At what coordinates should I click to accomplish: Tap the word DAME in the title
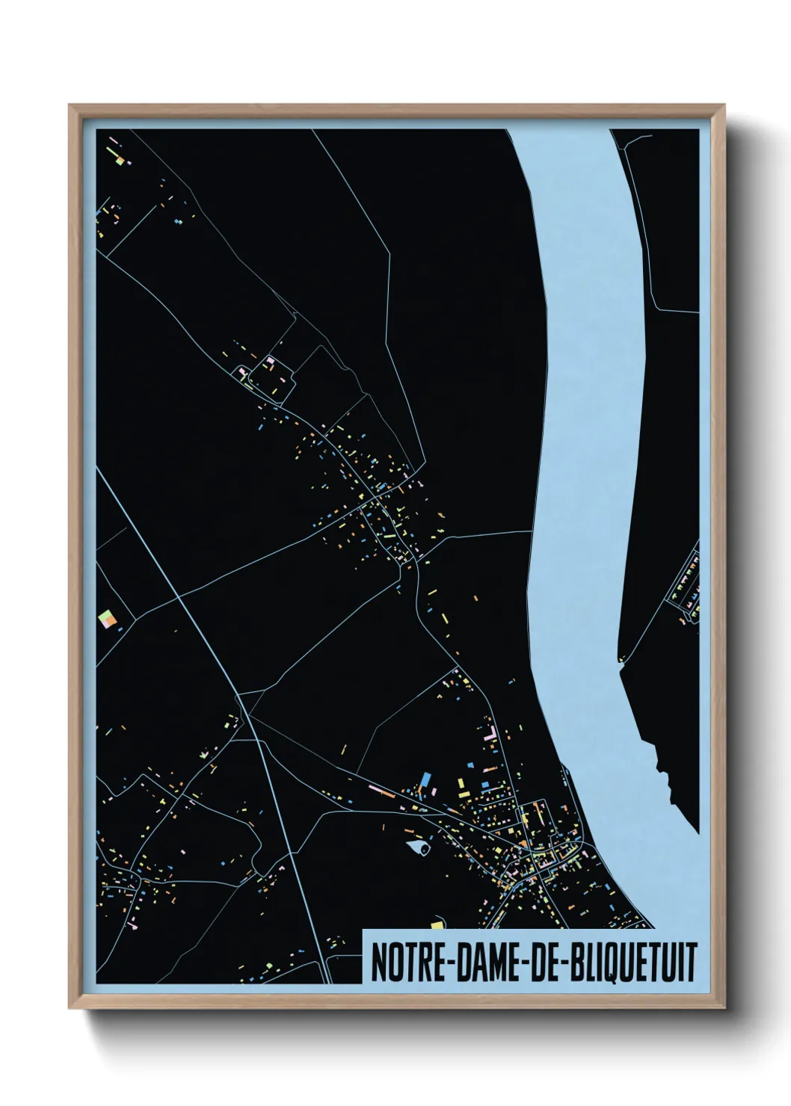pyautogui.click(x=486, y=963)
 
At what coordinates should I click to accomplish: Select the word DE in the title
pyautogui.click(x=549, y=963)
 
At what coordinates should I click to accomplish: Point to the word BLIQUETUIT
pyautogui.click(x=634, y=963)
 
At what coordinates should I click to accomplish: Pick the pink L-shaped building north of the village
pyautogui.click(x=491, y=728)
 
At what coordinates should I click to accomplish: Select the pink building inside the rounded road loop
pyautogui.click(x=271, y=361)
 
